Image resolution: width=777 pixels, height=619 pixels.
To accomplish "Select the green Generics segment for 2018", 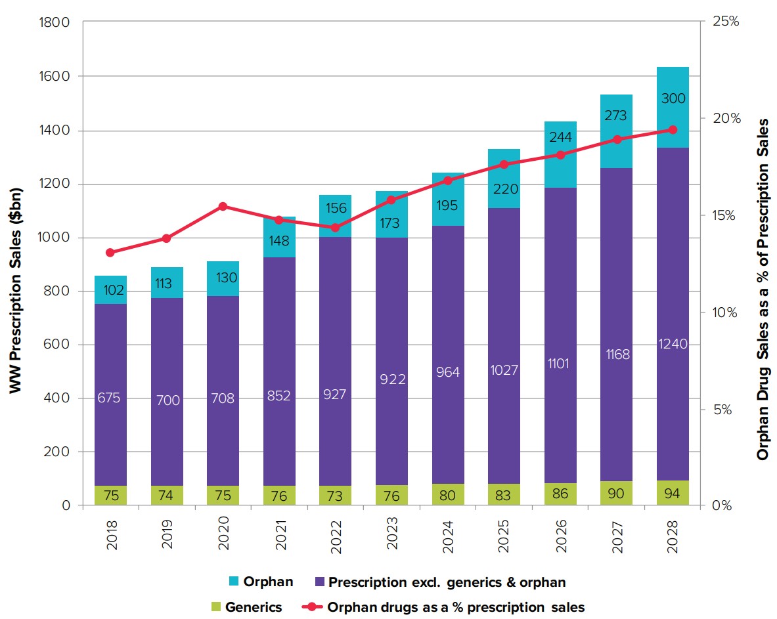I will point(110,496).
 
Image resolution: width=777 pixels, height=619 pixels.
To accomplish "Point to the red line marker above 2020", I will point(223,207).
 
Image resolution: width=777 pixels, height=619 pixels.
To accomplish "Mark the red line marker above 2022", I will point(335,228).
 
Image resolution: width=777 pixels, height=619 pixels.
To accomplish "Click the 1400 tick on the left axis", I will point(55,130).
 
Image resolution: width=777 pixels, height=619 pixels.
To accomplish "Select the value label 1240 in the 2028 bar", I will point(673,343).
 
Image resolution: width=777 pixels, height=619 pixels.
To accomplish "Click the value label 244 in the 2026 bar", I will point(560,137).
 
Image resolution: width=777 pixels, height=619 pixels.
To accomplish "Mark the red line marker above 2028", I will point(673,130).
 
